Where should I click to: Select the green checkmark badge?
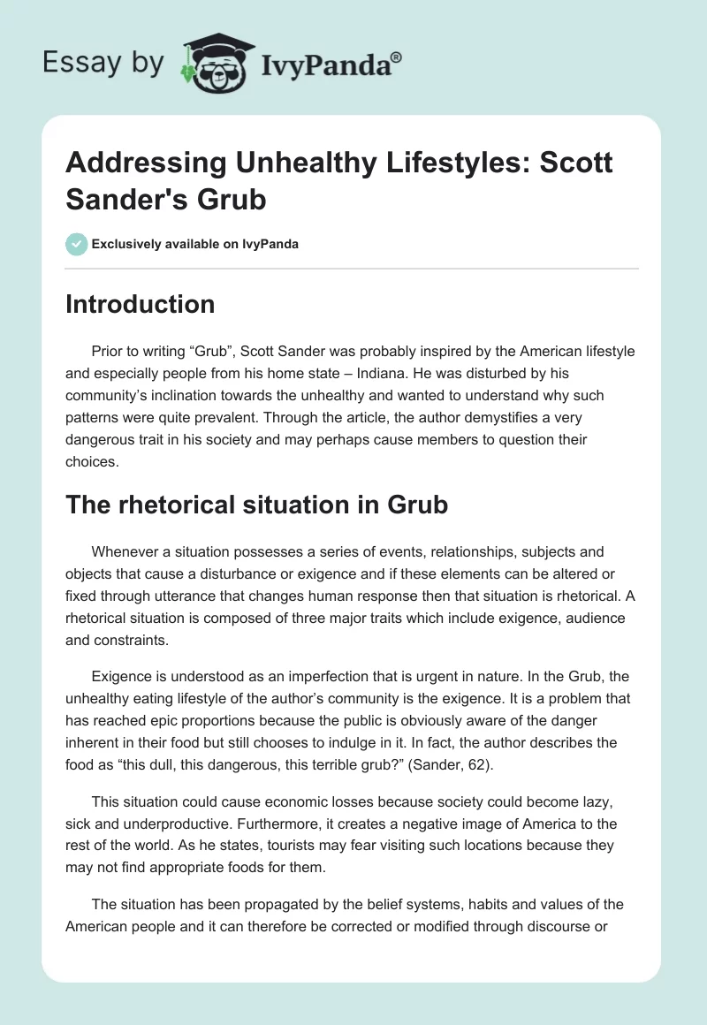[77, 244]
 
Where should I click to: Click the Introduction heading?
[141, 304]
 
